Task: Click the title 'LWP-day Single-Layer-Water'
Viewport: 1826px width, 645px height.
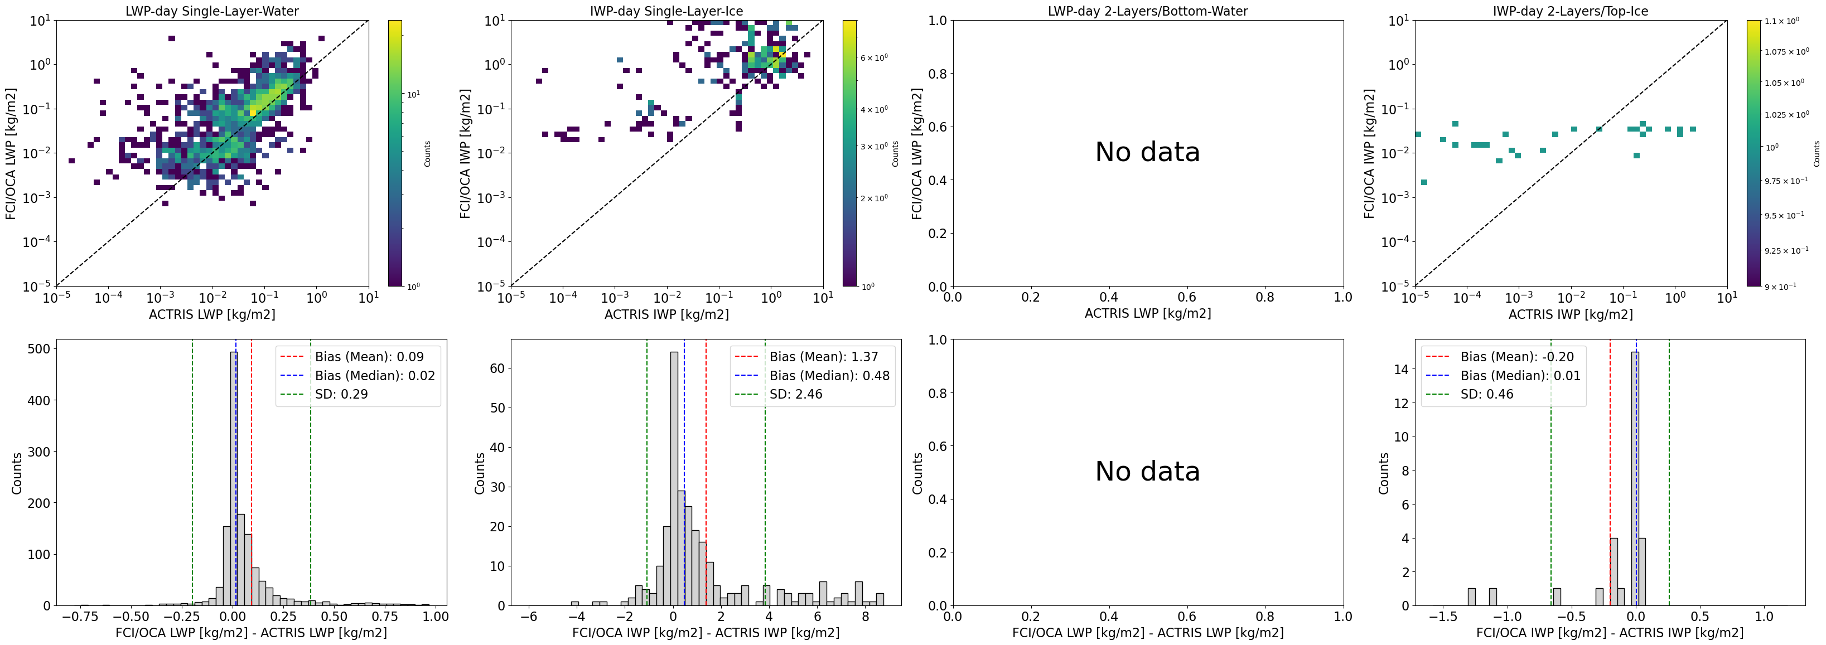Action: point(212,11)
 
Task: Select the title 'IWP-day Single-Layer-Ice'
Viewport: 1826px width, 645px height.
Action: point(666,11)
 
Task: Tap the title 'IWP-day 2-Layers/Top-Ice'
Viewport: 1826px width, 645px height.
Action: point(1570,11)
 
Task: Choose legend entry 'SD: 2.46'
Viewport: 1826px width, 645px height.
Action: point(795,394)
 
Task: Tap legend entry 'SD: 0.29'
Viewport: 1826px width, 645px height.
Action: point(341,394)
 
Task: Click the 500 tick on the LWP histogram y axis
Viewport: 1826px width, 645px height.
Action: point(39,349)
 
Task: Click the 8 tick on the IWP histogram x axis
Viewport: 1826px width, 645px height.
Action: point(866,617)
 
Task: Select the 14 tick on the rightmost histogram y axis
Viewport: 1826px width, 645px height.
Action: point(1402,368)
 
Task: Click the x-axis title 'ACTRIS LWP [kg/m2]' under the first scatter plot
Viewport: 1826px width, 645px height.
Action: point(212,314)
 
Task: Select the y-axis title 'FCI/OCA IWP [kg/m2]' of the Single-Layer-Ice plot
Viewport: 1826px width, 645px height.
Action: point(465,153)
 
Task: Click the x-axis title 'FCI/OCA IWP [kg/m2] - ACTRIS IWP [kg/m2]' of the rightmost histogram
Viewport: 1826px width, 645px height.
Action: point(1609,632)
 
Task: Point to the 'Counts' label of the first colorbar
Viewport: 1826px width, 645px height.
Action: point(427,154)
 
